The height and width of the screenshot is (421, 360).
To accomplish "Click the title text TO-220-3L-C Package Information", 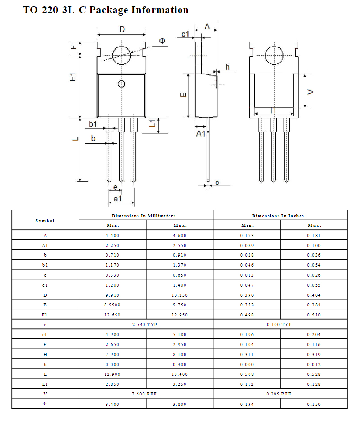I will click(106, 10).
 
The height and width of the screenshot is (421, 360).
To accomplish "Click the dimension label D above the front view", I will click(122, 30).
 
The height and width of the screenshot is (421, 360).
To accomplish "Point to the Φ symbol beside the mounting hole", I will click(162, 41).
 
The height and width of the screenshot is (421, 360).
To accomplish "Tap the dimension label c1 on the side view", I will click(185, 34).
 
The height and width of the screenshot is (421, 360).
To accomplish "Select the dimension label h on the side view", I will click(228, 67).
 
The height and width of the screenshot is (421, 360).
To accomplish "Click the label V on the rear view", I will click(311, 92).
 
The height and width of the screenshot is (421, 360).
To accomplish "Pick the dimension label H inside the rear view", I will click(273, 111).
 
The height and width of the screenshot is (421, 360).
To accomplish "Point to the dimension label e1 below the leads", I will click(117, 199).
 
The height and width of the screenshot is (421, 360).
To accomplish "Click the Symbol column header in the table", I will click(45, 221).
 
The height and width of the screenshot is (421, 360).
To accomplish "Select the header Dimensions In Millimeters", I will click(146, 216).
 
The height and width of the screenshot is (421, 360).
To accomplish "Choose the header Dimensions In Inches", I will click(280, 216).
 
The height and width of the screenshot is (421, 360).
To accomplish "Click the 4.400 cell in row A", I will click(112, 235).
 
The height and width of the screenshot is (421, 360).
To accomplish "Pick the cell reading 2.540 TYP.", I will click(146, 324).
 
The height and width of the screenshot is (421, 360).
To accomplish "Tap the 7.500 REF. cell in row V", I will click(146, 394).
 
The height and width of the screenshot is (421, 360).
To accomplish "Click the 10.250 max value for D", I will click(180, 295).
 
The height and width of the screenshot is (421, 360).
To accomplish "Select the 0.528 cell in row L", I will click(314, 374).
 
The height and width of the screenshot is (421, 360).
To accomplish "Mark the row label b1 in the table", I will click(45, 265).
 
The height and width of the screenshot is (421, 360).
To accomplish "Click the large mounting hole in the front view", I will click(122, 55).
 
